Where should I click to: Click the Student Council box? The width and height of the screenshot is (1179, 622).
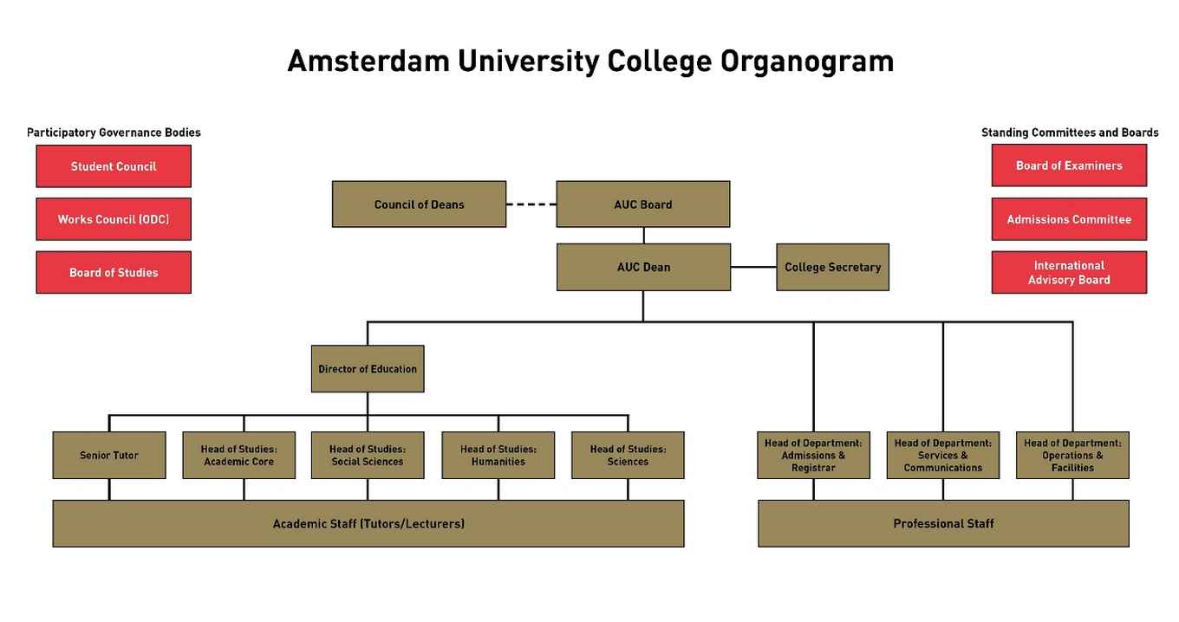114,166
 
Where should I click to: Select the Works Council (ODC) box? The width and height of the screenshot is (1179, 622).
114,219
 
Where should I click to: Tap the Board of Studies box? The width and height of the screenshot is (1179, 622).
114,272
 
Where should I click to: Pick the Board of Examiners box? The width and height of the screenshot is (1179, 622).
1069,165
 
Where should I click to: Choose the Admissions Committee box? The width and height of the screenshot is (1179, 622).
1069,219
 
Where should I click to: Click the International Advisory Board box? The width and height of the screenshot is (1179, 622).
1069,272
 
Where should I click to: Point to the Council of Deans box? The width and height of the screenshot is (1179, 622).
419,204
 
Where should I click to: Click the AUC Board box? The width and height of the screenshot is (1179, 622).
643,204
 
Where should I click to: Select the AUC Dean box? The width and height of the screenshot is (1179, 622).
643,267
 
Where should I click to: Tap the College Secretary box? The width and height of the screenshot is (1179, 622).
832,267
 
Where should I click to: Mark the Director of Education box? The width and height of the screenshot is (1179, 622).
368,369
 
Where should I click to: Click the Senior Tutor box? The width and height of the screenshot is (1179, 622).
109,456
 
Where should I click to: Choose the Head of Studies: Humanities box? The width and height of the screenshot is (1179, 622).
498,456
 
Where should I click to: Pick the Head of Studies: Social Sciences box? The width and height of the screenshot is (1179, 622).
368,456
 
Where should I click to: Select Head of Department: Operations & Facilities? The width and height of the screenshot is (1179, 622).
1072,456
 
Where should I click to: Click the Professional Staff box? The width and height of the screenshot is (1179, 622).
943,523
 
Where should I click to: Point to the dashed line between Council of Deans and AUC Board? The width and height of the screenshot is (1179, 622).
531,204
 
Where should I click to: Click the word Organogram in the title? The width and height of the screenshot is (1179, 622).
806,62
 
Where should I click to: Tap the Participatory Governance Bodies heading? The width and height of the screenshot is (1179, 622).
114,133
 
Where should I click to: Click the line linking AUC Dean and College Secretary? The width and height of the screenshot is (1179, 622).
753,267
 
